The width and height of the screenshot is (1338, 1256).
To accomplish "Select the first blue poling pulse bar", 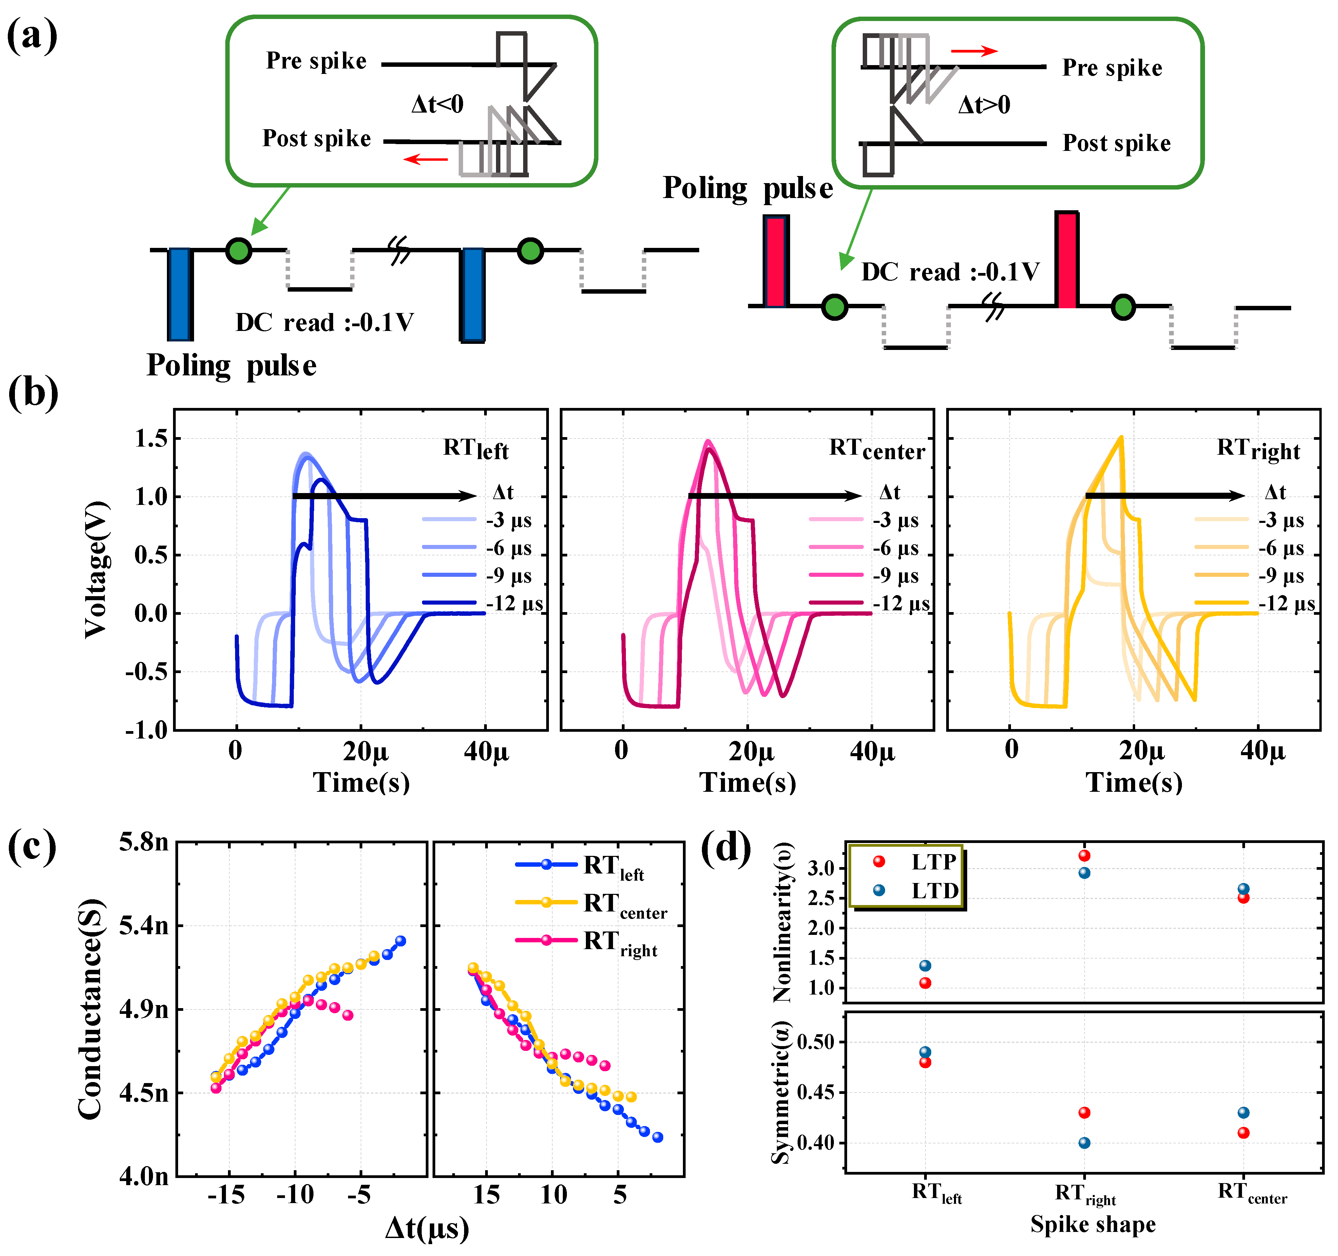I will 180,294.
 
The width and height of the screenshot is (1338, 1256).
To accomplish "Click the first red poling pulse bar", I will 775,261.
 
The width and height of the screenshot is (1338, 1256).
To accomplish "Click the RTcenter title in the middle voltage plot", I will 876,449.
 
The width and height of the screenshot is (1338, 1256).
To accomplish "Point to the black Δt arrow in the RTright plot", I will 1164,496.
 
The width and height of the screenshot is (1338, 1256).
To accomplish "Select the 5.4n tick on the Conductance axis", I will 144,926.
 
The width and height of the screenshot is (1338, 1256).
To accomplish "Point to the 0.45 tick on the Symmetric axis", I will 815,1093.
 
